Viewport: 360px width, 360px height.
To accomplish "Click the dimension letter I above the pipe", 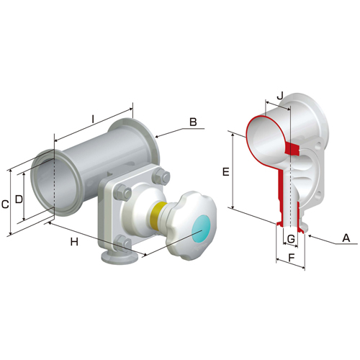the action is [x=93, y=120].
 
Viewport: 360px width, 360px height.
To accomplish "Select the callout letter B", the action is [x=193, y=122].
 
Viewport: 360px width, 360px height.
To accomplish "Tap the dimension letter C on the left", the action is [x=5, y=204].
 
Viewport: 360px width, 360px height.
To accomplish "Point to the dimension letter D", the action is [x=19, y=199].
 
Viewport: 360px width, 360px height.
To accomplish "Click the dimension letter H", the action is [x=74, y=242].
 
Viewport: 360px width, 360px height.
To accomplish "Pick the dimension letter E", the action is [x=226, y=172].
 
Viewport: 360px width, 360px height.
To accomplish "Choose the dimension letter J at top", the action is [x=280, y=96].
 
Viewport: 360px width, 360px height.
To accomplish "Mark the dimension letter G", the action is [x=291, y=239].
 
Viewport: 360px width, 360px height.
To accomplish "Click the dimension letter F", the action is [x=291, y=258].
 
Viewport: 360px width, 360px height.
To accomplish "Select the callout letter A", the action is [x=346, y=238].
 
